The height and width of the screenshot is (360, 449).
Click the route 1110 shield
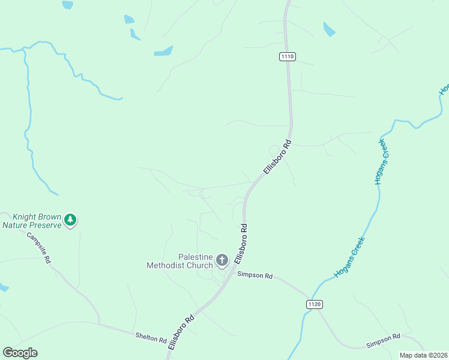pyautogui.click(x=288, y=56)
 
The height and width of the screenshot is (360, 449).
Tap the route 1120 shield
pyautogui.click(x=314, y=304)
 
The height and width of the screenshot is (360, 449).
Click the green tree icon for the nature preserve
pyautogui.click(x=71, y=220)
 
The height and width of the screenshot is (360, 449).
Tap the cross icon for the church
pyautogui.click(x=222, y=260)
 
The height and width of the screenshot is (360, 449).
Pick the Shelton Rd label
pyautogui.click(x=151, y=339)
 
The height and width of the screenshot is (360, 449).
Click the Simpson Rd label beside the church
pyautogui.click(x=255, y=275)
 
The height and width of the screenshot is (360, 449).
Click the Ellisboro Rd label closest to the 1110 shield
pyautogui.click(x=277, y=157)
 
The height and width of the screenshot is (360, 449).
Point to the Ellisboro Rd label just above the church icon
pyautogui.click(x=241, y=244)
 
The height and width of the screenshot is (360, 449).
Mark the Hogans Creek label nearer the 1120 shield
pyautogui.click(x=350, y=257)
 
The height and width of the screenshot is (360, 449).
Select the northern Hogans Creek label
pyautogui.click(x=379, y=161)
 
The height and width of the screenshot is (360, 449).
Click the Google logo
pyautogui.click(x=20, y=353)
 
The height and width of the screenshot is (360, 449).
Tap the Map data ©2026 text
pyautogui.click(x=423, y=355)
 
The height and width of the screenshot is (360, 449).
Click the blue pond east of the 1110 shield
pyautogui.click(x=329, y=29)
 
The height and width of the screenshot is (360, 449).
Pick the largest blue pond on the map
pyautogui.click(x=163, y=51)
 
